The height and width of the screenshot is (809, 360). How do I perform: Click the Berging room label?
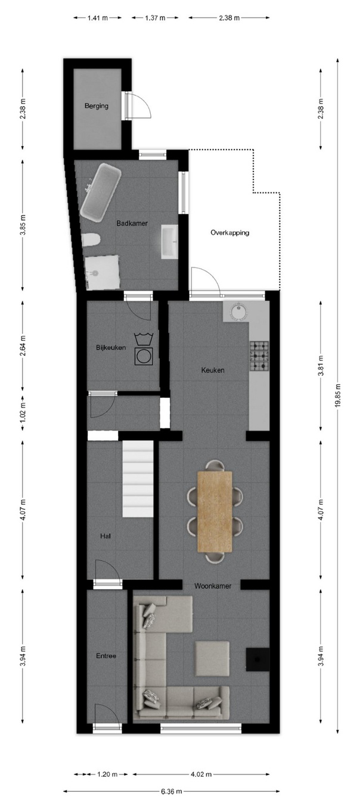pos(97,106)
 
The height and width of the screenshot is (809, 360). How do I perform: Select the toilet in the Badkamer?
pos(91,240)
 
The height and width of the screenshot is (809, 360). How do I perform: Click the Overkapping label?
pos(230,232)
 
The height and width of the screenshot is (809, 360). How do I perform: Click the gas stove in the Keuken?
pos(259,356)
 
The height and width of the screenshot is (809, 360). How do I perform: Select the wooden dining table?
pos(215,511)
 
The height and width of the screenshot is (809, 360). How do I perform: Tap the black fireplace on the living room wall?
pos(257,659)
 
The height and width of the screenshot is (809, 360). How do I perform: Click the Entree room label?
pos(106,656)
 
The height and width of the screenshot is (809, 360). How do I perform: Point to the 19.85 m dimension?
pos(338,396)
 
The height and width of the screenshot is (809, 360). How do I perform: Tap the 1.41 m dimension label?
pos(98,18)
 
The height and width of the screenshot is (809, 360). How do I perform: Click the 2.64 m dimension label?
pos(23,346)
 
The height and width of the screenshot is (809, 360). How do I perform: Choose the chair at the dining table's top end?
pos(215,465)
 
